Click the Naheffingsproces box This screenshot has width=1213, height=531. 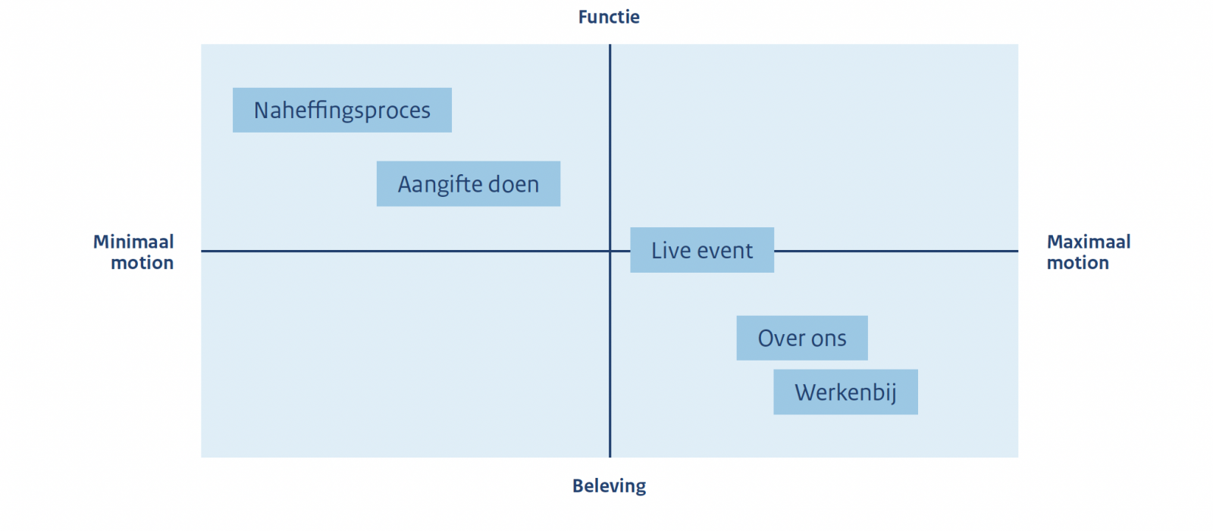tap(342, 110)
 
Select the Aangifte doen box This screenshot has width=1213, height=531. tap(469, 183)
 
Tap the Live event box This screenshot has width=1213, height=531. tap(702, 250)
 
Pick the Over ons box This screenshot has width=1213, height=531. tap(802, 338)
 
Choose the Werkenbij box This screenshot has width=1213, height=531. tap(845, 392)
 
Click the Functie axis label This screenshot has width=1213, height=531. tap(609, 17)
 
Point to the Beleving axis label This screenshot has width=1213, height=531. tap(610, 486)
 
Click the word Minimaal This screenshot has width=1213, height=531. tap(133, 242)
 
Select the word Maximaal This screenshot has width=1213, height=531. tap(1089, 242)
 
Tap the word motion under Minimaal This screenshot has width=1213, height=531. tap(142, 263)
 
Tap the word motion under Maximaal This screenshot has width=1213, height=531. tap(1077, 263)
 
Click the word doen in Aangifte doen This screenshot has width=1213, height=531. tap(513, 184)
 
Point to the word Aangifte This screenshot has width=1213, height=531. tap(439, 185)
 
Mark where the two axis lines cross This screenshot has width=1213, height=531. tap(610, 251)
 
